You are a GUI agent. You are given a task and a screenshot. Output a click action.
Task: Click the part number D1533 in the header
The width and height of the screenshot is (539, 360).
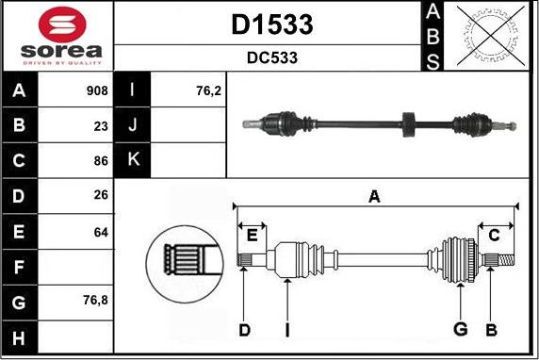coord(271,25)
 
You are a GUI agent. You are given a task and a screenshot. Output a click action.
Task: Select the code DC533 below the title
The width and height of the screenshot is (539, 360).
coord(271,57)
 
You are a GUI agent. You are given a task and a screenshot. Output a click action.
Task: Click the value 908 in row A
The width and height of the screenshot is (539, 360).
coord(96,91)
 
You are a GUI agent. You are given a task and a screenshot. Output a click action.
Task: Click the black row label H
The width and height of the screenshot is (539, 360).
coord(20,336)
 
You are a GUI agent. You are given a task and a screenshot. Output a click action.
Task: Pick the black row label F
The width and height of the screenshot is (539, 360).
coord(20,267)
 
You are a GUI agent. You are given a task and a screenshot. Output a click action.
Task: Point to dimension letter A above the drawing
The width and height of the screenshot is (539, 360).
coord(375,196)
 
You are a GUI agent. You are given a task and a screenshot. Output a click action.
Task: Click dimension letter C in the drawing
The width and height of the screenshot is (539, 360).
coord(493,236)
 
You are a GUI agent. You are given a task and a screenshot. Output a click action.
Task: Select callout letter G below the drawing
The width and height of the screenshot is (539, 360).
coord(461,328)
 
